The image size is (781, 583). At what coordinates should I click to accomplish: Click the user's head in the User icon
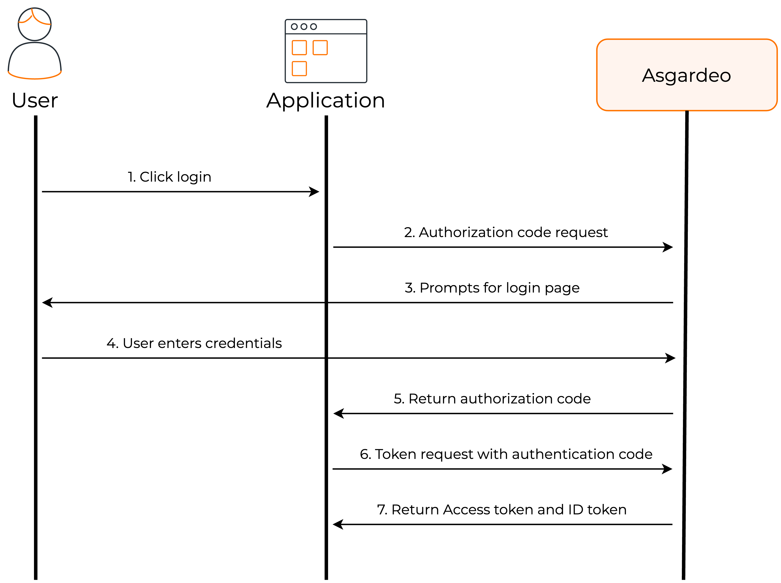[x=35, y=24]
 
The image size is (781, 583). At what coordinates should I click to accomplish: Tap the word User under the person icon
[x=35, y=100]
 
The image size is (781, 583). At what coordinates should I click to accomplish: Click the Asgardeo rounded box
[x=686, y=75]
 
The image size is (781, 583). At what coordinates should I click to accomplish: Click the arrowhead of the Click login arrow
[x=314, y=192]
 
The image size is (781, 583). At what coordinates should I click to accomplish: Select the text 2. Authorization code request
[x=506, y=232]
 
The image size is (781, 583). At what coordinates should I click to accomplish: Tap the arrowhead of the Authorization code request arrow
[x=668, y=247]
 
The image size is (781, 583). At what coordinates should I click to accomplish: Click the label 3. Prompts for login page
[x=492, y=288]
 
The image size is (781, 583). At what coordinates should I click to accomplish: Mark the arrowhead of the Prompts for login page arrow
[x=47, y=302]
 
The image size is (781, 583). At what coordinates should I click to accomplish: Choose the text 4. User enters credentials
[x=194, y=343]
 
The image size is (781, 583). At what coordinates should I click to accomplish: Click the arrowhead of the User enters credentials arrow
[x=670, y=358]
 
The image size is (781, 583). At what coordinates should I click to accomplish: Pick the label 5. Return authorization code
[x=492, y=398]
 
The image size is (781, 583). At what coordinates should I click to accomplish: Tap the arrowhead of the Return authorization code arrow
[x=339, y=413]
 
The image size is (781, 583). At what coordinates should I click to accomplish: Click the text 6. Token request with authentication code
[x=506, y=454]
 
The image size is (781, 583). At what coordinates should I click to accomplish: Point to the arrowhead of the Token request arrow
[x=667, y=469]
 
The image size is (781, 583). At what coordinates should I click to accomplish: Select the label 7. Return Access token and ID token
[x=501, y=509]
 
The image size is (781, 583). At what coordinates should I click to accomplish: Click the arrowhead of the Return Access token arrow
[x=338, y=524]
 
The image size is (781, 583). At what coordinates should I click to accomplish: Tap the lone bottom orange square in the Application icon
[x=299, y=68]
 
